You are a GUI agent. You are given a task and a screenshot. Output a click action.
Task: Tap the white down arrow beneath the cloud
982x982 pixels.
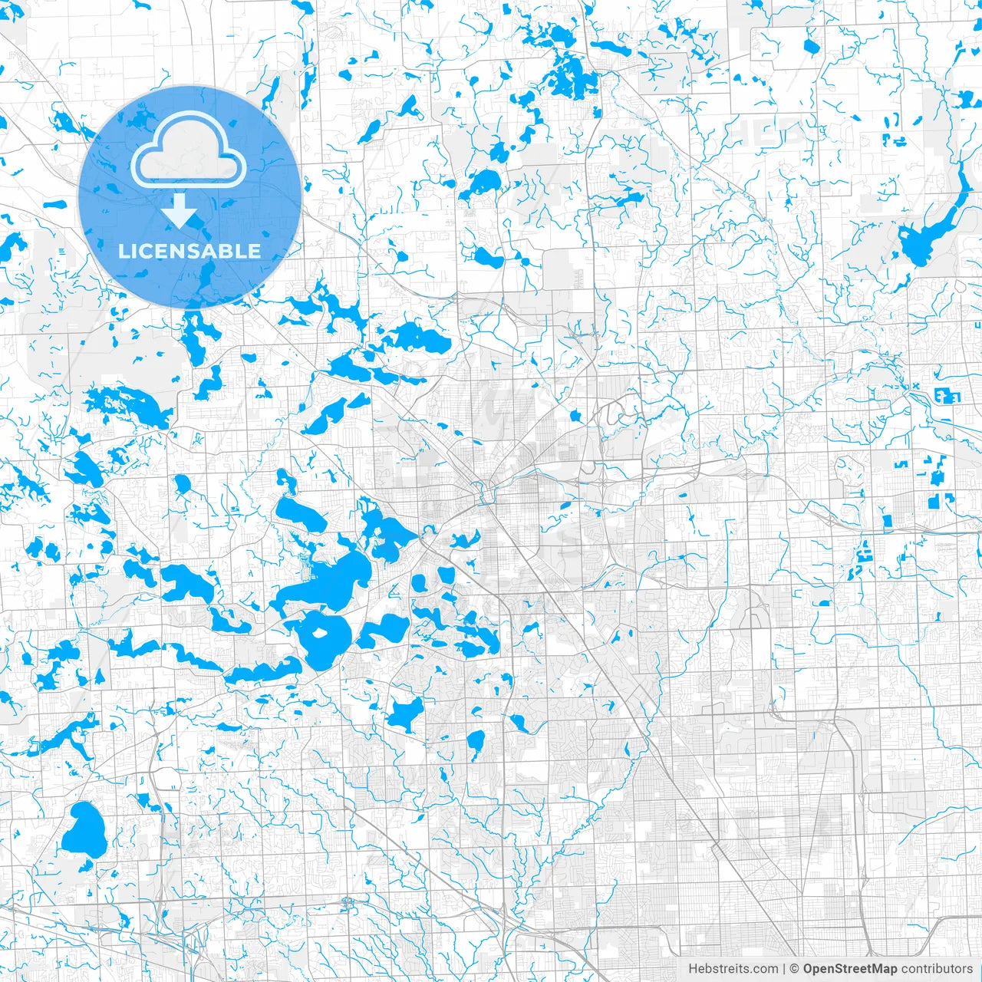point(180,211)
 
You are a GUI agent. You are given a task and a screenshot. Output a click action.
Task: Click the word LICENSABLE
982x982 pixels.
point(189,251)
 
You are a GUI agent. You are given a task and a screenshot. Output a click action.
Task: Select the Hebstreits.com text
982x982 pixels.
point(733,969)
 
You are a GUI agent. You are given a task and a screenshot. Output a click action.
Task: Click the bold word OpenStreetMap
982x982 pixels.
point(850,969)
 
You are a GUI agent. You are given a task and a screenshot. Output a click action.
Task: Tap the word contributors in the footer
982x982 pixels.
point(937,969)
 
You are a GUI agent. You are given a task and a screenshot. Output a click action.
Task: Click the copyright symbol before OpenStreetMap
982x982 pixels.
point(795,969)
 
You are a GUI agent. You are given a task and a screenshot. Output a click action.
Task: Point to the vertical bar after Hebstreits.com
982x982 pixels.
point(784,969)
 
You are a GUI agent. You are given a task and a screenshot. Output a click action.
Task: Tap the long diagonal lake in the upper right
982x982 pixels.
point(932,226)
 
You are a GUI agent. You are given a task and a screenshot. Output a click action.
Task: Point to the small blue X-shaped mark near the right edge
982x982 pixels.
point(915,386)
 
